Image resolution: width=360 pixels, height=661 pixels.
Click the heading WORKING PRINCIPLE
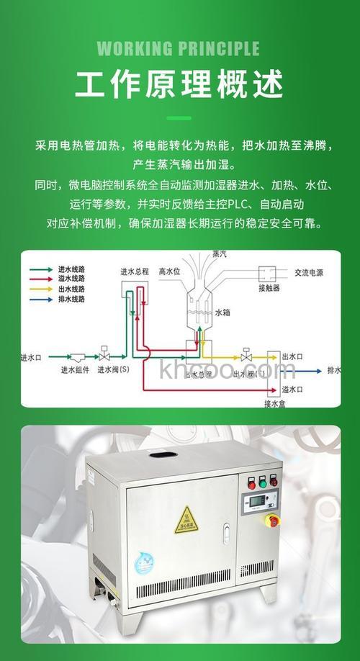pos(178,49)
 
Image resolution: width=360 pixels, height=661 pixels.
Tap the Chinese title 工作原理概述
pos(178,85)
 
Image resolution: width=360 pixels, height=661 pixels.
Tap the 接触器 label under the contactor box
pos(269,288)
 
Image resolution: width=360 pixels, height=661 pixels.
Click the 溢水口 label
pos(292,389)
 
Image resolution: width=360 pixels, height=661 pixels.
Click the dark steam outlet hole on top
pos(158,455)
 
